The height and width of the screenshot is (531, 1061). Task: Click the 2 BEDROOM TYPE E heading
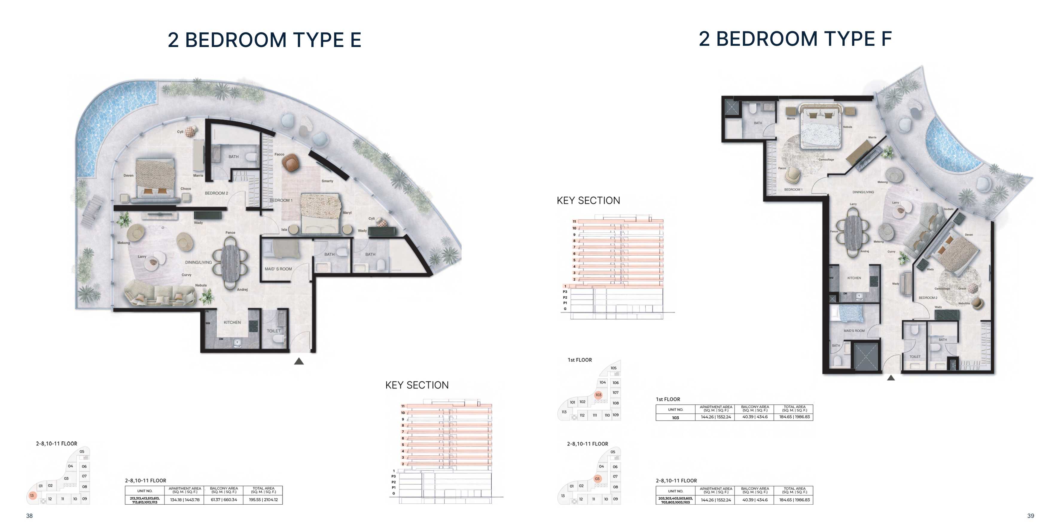(264, 40)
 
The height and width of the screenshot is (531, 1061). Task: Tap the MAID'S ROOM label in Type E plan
(278, 269)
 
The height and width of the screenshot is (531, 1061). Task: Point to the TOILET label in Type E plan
(274, 331)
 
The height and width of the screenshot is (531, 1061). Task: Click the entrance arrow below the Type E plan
(299, 362)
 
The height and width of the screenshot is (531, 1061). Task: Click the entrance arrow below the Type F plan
(891, 378)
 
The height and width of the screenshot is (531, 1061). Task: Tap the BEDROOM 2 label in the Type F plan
(928, 298)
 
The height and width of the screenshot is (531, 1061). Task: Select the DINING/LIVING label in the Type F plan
(863, 192)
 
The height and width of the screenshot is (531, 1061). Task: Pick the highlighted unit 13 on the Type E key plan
(32, 496)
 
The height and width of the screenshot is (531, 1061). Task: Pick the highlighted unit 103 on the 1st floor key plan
(598, 395)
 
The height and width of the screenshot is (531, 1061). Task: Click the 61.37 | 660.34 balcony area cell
(224, 500)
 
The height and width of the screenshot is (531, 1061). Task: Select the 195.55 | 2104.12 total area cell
(263, 500)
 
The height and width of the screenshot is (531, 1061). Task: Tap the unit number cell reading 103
(676, 418)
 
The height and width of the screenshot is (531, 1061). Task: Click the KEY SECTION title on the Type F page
(588, 201)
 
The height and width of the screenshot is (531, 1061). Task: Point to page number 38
(29, 516)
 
